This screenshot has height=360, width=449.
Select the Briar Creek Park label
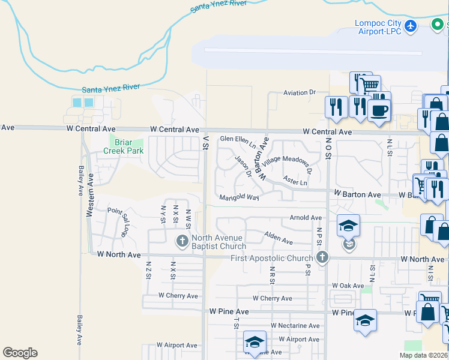point(127,146)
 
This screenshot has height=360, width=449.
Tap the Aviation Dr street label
point(300,92)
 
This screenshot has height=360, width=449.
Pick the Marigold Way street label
point(239,197)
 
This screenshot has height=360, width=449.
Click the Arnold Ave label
point(306,218)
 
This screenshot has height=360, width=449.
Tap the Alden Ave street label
point(279,239)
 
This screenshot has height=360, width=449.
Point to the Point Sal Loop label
point(119,219)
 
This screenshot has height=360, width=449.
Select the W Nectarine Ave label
point(295,326)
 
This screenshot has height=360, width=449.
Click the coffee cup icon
point(379,110)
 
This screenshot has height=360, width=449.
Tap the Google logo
point(20,353)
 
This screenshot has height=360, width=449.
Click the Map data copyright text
point(423,355)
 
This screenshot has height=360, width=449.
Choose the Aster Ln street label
point(295,182)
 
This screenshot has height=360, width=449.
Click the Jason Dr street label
point(243,167)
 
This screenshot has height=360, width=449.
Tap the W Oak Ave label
point(344,286)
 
